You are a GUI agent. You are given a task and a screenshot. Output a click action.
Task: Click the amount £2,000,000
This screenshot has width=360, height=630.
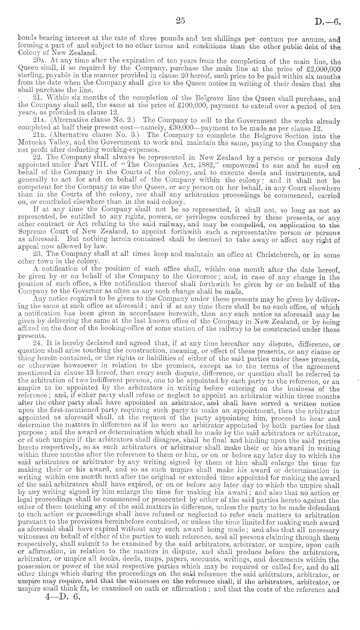(320, 69)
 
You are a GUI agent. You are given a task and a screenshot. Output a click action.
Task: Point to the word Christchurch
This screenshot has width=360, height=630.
(277, 254)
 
